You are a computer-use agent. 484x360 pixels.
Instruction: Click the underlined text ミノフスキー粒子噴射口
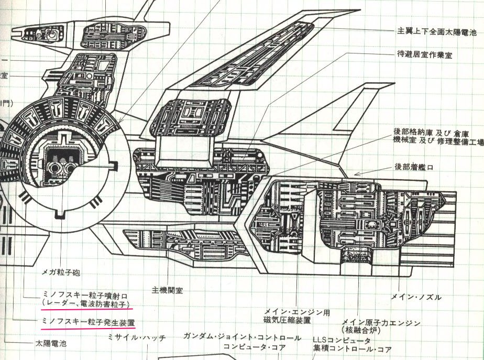[84, 294]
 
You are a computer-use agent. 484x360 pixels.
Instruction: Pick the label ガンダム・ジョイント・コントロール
[243, 337]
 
